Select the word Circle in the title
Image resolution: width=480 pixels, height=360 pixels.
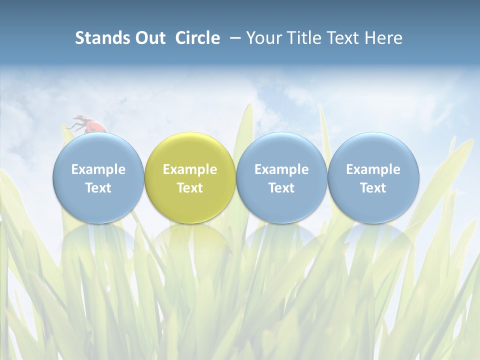[197, 38]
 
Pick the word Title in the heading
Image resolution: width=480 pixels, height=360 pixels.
[304, 38]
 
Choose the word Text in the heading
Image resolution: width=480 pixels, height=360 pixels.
[344, 38]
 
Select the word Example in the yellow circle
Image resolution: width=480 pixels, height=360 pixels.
[190, 169]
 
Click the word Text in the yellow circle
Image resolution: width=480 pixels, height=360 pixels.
[190, 188]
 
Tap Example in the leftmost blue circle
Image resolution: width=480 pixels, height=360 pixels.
[98, 169]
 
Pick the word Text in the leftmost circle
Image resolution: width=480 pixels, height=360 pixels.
[98, 188]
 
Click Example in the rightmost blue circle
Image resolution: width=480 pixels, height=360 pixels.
[373, 169]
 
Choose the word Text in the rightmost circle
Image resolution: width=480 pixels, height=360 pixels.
[373, 188]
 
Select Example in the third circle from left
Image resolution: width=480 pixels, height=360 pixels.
[281, 169]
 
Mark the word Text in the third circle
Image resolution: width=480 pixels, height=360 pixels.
[281, 188]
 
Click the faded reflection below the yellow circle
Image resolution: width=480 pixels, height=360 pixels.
[190, 240]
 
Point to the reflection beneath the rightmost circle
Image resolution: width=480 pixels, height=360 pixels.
[373, 240]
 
